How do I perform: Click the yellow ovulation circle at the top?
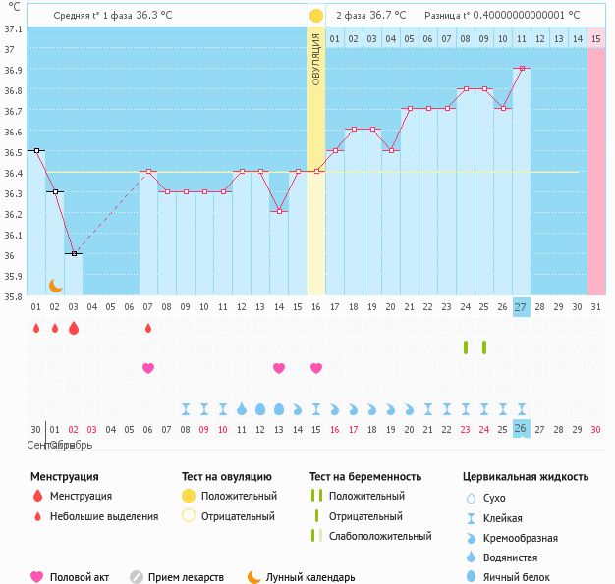point(315,16)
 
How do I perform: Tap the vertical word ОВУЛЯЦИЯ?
point(315,60)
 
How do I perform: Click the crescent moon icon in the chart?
point(56,285)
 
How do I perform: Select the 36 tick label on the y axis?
point(10,255)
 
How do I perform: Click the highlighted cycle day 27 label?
point(521,306)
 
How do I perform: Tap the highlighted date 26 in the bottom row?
point(521,428)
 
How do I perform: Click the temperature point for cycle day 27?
point(521,68)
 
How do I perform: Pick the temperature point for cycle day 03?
point(73,253)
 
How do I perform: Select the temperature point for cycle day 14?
point(279,212)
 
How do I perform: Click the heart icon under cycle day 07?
point(148,368)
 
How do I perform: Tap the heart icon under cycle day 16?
point(316,368)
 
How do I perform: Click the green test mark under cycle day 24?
point(466,346)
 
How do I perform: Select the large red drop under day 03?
point(73,328)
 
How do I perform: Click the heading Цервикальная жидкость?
point(526,476)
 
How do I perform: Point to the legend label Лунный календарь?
point(310,577)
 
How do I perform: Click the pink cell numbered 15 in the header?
point(596,38)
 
